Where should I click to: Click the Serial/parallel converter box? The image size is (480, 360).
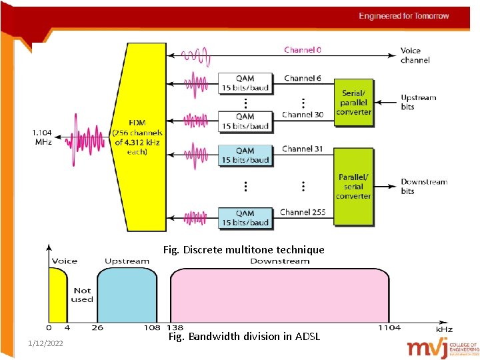(353, 103)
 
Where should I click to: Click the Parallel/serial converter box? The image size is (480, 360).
(353, 187)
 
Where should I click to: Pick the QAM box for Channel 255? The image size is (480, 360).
(245, 218)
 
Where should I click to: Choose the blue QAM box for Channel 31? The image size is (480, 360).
(245, 155)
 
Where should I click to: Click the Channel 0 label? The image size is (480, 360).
(302, 50)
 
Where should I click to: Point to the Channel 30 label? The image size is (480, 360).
(302, 115)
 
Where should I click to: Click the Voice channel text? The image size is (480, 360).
(415, 55)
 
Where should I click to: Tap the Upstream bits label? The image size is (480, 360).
(418, 102)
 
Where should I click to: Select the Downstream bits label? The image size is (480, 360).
(423, 187)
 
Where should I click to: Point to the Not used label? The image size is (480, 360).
(82, 295)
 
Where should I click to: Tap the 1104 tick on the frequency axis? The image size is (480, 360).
(389, 328)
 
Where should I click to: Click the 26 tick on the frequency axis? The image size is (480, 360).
(97, 328)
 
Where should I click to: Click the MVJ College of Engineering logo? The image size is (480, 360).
(443, 347)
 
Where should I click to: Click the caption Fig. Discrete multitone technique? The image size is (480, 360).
(243, 250)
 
